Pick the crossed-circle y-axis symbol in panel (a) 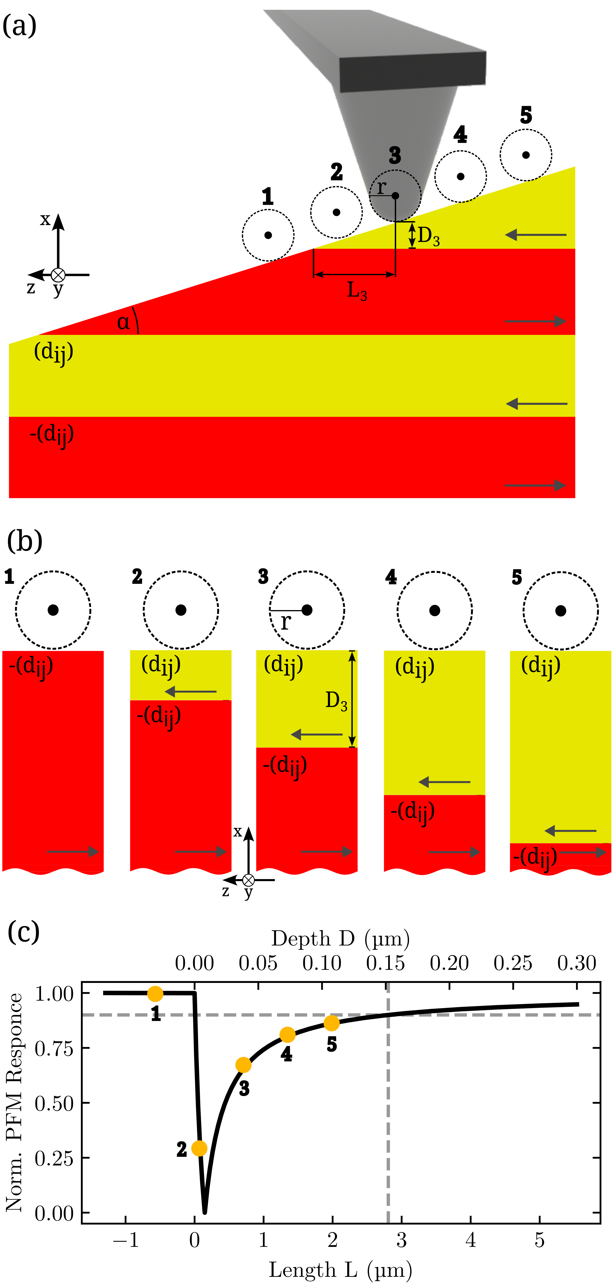click(58, 275)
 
